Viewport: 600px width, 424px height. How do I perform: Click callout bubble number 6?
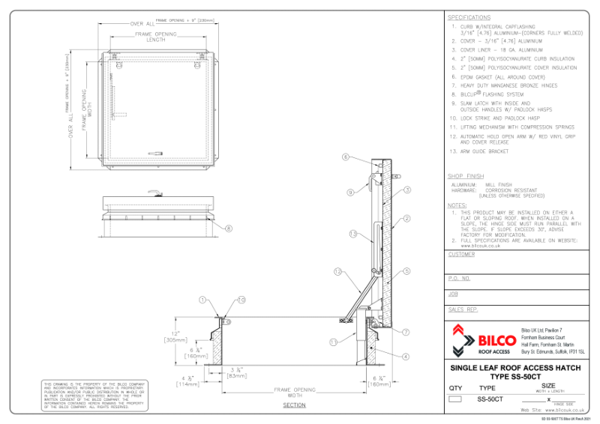(x=346, y=157)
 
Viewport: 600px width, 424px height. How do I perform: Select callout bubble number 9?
(x=349, y=192)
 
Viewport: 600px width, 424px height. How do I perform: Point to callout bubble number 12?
(x=337, y=271)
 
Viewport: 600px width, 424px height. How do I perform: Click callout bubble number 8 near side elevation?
(x=229, y=228)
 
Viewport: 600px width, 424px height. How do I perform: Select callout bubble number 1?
(x=202, y=299)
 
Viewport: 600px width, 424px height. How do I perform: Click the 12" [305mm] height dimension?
(x=176, y=336)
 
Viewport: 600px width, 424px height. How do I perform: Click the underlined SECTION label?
(x=294, y=405)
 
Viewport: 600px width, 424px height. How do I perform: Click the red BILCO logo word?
(x=495, y=340)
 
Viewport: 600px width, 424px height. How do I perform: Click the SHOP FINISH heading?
(x=465, y=176)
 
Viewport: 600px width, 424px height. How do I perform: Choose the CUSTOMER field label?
(x=461, y=254)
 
